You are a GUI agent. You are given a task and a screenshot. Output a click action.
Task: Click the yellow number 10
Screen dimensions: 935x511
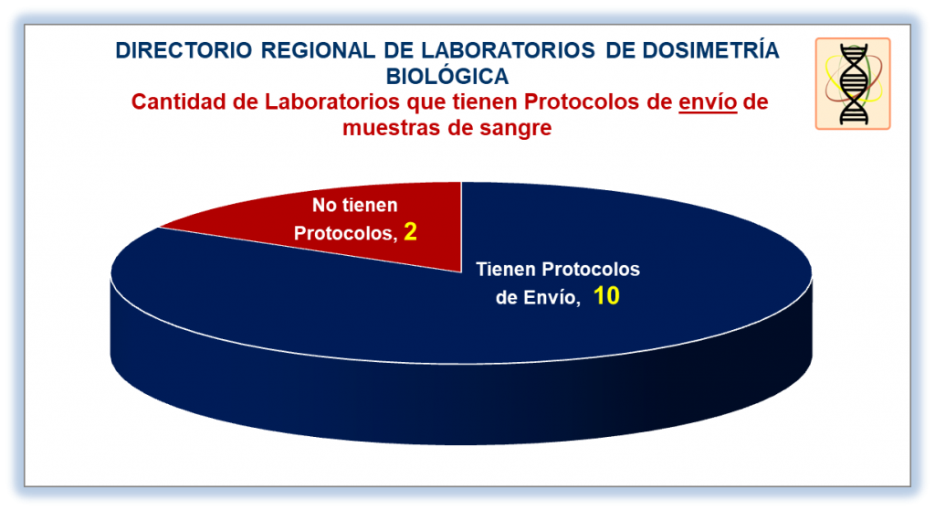point(606,296)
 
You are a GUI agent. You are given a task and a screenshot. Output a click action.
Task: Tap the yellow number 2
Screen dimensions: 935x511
point(410,231)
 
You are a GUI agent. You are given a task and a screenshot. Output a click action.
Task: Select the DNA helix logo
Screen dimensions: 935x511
point(853,83)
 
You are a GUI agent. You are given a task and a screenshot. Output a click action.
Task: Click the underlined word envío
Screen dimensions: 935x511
point(708,102)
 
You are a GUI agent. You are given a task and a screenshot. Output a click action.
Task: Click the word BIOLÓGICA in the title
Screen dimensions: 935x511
point(447,77)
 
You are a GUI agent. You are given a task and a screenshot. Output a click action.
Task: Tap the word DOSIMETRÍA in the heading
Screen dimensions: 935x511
point(710,50)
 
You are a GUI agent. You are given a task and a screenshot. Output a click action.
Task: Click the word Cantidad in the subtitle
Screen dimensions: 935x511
point(179,102)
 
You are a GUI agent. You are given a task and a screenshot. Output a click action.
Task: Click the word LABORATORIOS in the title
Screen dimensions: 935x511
point(508,51)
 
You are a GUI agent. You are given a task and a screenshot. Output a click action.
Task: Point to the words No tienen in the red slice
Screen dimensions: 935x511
point(355,206)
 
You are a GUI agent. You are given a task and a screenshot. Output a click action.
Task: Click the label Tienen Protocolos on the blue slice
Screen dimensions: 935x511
point(558,270)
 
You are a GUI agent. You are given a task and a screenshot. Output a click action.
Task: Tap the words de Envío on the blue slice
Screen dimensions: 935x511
point(538,297)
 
